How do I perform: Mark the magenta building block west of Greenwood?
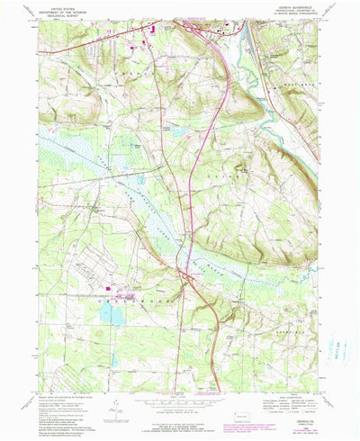tap(116, 290)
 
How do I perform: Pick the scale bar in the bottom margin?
tap(180, 405)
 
